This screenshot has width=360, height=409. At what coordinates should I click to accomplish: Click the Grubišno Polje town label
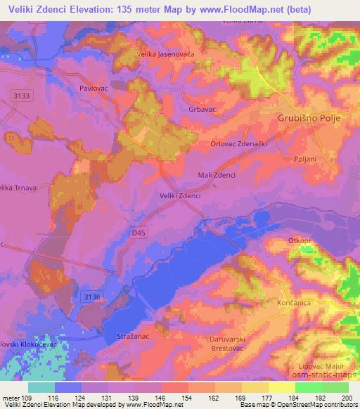tap(309, 118)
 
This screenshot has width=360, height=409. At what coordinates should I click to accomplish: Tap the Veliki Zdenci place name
tap(181, 195)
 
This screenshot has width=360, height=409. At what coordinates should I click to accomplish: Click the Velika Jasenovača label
tap(165, 53)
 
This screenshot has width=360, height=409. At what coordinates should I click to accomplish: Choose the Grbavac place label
tap(201, 110)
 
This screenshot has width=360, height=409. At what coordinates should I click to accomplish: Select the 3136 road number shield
tap(91, 297)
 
